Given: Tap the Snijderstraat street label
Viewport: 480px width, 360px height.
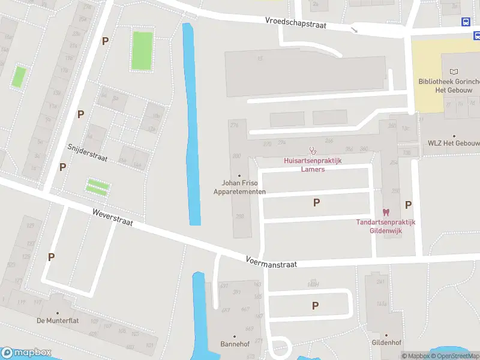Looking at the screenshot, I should [87, 152].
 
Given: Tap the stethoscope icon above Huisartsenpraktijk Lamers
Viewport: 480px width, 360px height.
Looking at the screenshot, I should [311, 150].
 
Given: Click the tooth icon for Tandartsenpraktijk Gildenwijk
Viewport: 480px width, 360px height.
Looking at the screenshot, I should [386, 212].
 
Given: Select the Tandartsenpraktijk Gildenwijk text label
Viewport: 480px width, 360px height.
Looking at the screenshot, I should [385, 226].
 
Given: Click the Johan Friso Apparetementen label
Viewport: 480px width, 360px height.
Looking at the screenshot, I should [239, 187].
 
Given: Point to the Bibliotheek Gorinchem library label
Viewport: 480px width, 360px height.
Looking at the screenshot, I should [449, 86].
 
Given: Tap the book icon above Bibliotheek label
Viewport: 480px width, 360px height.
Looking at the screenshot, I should [453, 72].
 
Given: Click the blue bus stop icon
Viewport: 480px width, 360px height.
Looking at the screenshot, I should [466, 22].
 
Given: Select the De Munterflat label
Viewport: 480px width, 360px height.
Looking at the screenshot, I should [58, 320].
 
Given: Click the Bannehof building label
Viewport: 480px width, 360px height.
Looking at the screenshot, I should [235, 344].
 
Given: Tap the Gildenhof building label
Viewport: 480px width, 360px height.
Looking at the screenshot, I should [386, 343].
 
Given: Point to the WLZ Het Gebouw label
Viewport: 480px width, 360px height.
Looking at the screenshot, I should [454, 143].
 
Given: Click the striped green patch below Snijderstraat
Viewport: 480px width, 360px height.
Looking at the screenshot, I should [98, 187].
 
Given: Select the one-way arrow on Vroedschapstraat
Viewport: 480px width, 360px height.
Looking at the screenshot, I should [354, 29].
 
